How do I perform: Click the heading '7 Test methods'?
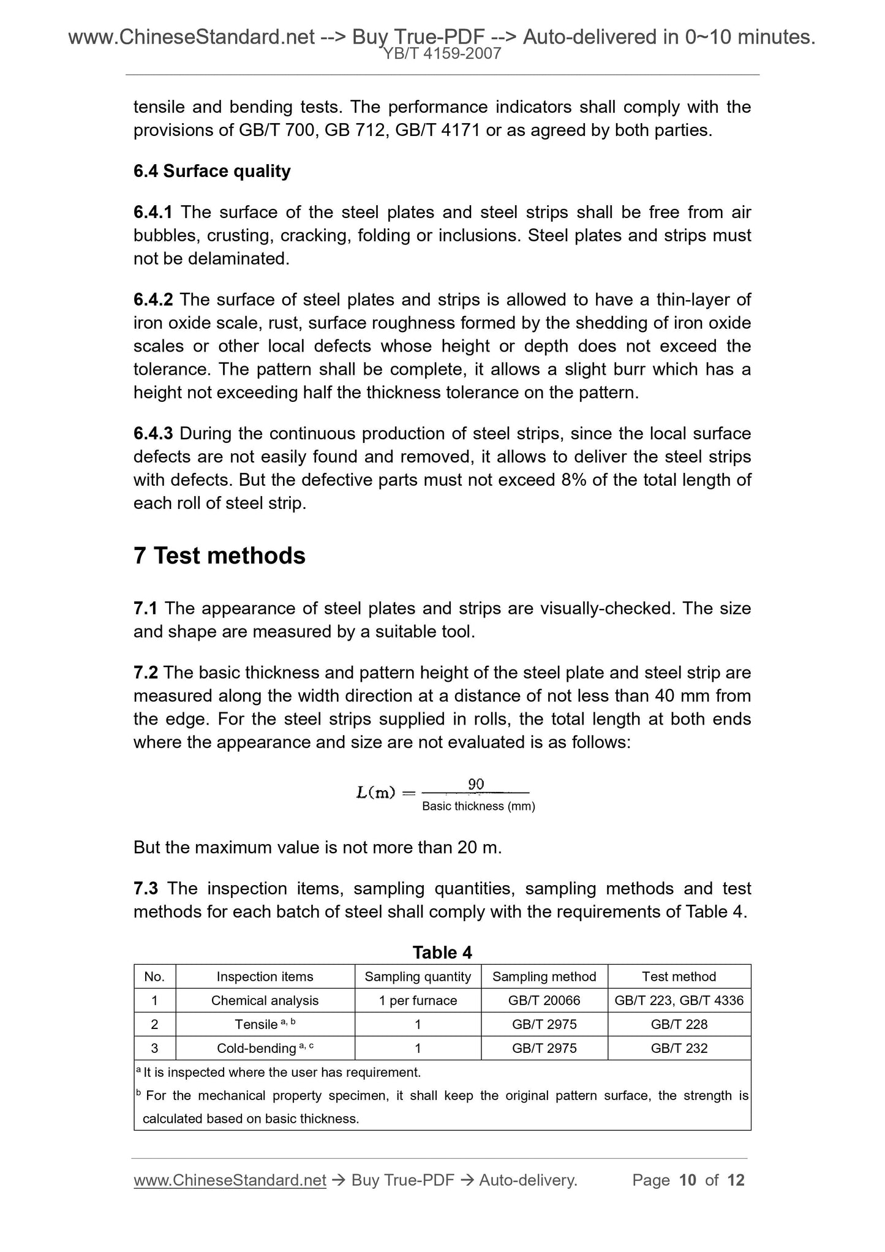point(219,556)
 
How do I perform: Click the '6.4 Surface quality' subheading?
point(212,171)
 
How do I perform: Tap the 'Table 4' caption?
point(442,952)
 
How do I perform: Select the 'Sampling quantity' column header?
point(418,976)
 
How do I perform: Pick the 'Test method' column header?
point(679,976)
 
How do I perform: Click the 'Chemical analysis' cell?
point(265,1000)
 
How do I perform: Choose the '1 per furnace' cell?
point(418,1000)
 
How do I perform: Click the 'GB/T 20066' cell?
point(544,1000)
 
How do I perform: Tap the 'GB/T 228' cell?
point(679,1024)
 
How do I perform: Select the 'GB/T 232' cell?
point(679,1048)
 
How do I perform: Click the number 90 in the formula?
point(476,784)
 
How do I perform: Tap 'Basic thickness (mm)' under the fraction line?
point(478,807)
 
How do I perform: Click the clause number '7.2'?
point(146,673)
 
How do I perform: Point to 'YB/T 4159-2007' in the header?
point(442,54)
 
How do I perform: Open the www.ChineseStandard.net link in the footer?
point(230,1180)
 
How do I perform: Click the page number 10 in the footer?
point(688,1180)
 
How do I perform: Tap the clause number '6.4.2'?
point(153,300)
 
